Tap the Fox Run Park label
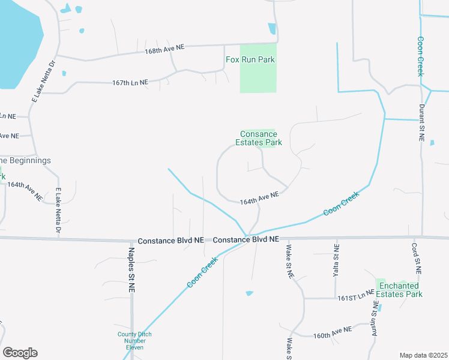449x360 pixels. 250,59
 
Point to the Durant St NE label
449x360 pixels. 422,123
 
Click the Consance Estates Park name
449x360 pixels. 261,139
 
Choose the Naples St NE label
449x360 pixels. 131,269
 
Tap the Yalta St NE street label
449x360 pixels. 336,260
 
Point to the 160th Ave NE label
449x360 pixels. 331,332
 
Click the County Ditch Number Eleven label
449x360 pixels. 134,341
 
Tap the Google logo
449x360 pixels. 20,353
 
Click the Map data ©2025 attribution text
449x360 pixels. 423,355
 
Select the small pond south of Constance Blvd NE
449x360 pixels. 249,293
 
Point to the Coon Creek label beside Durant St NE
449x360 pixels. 420,56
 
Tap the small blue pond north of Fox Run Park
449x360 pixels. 272,28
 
